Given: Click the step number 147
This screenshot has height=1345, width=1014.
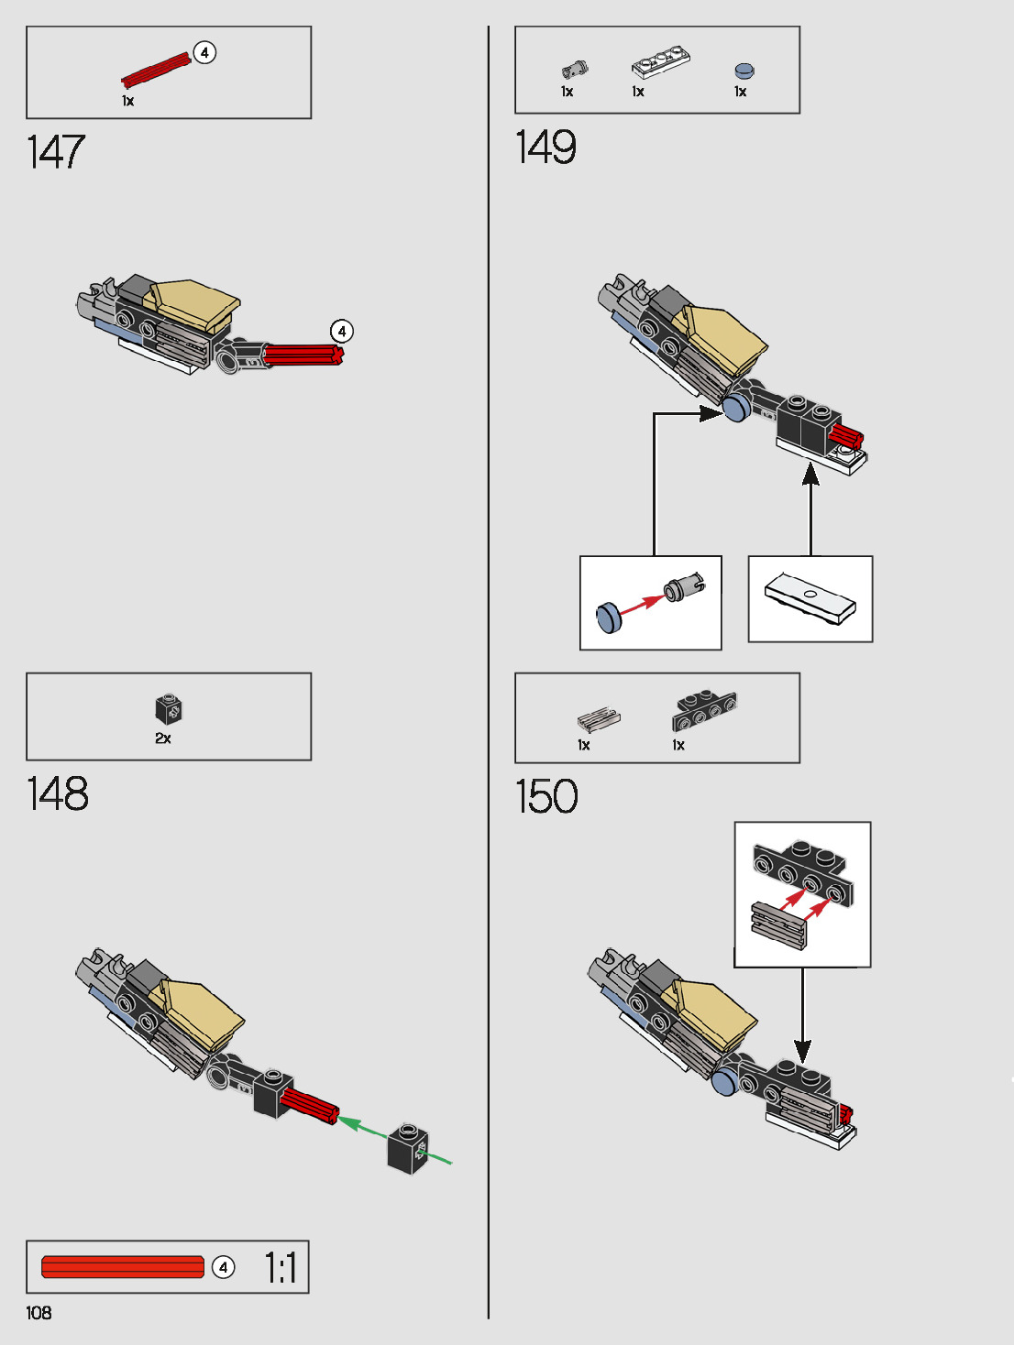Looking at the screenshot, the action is click(56, 152).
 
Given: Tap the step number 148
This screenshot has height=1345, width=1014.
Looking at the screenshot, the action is click(58, 794).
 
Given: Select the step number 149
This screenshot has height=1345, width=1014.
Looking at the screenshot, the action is click(546, 148).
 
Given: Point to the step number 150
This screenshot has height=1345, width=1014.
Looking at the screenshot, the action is click(547, 796).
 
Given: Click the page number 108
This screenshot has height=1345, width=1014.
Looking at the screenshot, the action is click(39, 1313).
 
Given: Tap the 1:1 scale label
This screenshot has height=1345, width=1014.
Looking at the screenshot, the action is click(281, 1268).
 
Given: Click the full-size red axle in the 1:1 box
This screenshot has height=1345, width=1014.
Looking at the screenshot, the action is click(123, 1267).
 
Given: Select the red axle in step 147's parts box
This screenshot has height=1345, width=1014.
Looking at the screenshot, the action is click(156, 70).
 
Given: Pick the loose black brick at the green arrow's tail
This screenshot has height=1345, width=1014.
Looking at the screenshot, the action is click(408, 1148).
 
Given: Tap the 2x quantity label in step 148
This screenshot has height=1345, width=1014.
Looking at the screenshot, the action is click(163, 738).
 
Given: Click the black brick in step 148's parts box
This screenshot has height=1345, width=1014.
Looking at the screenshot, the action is click(169, 709).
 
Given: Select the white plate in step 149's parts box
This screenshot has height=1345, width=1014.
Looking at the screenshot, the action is click(660, 64).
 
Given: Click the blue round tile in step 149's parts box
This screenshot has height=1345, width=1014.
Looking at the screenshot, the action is click(744, 71).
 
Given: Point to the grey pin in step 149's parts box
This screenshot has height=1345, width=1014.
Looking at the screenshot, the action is click(574, 69).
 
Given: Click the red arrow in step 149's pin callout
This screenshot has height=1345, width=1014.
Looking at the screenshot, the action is click(642, 604).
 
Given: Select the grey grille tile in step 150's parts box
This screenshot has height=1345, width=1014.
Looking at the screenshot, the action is click(599, 719).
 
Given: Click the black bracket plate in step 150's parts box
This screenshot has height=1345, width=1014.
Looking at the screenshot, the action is click(704, 709).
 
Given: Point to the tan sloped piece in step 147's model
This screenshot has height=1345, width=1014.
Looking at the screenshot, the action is click(194, 303).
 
